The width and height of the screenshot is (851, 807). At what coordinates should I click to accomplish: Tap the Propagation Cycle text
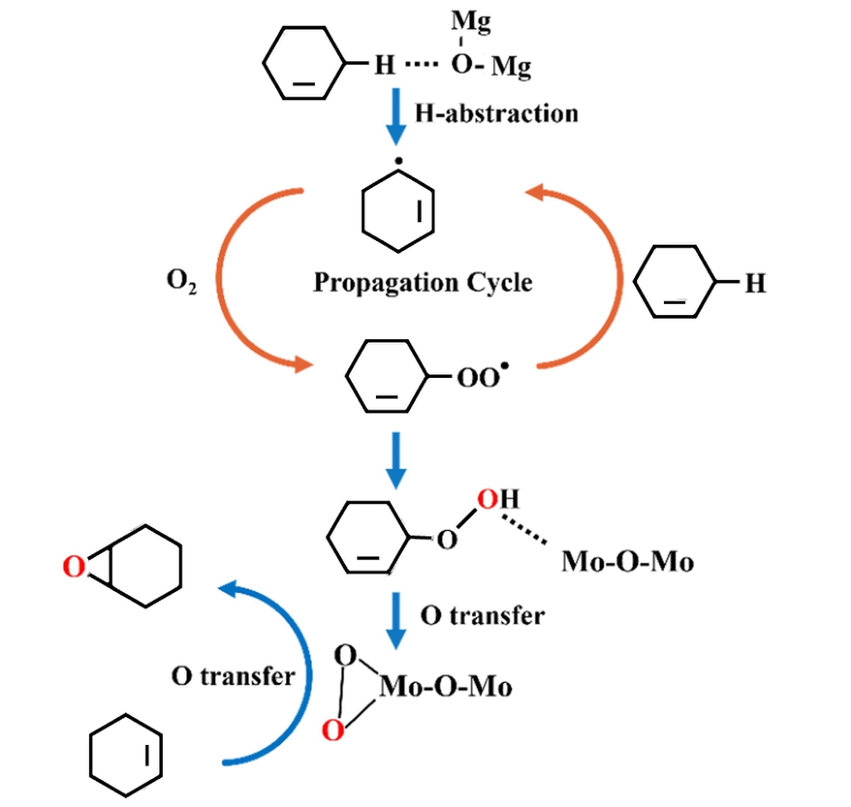point(422,282)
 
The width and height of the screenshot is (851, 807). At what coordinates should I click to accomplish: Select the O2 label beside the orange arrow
point(180,282)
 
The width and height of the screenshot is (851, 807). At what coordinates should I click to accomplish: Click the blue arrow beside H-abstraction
point(395,116)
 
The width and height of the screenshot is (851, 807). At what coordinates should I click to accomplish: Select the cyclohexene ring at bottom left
point(126,756)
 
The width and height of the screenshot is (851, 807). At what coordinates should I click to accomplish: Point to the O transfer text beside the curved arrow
point(232,676)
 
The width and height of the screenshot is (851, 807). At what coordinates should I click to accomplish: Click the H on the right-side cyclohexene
point(756,284)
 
